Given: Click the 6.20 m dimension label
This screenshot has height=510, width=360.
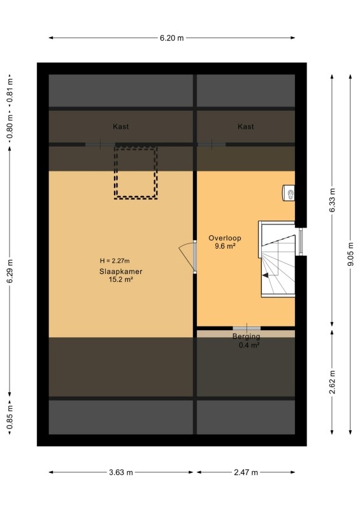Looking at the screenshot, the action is click(x=171, y=38).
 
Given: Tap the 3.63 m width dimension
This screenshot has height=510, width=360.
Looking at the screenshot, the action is click(x=121, y=472).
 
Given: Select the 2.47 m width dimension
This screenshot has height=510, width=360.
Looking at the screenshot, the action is click(x=246, y=472).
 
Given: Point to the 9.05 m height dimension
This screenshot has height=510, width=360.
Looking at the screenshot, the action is click(x=350, y=254).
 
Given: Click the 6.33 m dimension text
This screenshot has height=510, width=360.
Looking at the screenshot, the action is click(x=332, y=200).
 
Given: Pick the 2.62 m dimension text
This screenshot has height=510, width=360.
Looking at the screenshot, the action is click(x=332, y=382).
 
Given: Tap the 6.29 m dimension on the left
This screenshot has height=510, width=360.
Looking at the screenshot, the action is click(x=10, y=272).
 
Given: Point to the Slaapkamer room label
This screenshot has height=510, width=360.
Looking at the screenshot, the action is click(x=120, y=272).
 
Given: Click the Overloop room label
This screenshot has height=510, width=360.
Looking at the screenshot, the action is click(x=225, y=238).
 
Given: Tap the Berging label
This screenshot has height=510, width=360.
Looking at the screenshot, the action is click(x=246, y=337).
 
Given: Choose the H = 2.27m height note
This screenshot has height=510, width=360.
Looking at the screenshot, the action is click(x=115, y=261).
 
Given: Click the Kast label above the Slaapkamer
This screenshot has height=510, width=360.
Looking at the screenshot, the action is click(x=120, y=126).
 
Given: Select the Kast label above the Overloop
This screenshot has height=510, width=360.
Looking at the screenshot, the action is click(x=245, y=126).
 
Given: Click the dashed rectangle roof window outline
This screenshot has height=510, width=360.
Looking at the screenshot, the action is click(x=115, y=172).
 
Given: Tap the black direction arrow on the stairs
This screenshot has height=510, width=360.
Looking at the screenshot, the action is click(x=266, y=275).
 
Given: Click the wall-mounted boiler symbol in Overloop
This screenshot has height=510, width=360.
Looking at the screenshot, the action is click(x=289, y=193).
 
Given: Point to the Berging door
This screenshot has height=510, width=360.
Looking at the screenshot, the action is click(x=247, y=328).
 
